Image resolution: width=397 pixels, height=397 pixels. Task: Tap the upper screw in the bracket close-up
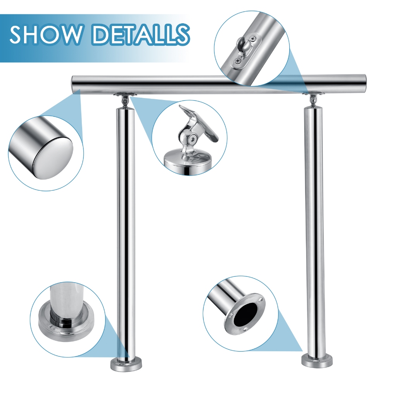(253, 39)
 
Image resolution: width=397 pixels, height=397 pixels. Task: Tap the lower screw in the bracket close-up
(238, 61)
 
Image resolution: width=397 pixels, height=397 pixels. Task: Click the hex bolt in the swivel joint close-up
(193, 138)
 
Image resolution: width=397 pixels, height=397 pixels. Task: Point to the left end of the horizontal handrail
(72, 84)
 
